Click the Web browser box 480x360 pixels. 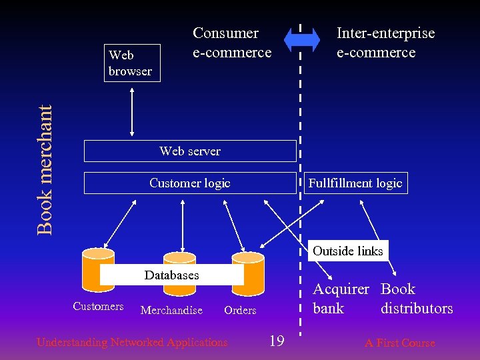(130, 63)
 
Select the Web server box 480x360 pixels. (190, 151)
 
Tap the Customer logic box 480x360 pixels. (190, 183)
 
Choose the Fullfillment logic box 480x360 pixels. (355, 183)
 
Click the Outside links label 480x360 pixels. (347, 251)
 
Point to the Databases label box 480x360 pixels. (171, 275)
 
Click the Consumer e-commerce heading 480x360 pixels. (232, 43)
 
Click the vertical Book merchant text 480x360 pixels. (45, 170)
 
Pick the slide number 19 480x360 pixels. (277, 342)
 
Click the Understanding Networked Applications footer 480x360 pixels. (132, 343)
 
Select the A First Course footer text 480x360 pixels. (399, 343)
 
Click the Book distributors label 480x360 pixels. (417, 299)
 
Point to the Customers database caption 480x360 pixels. (98, 307)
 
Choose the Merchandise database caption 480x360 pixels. (171, 310)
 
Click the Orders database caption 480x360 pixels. (240, 310)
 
